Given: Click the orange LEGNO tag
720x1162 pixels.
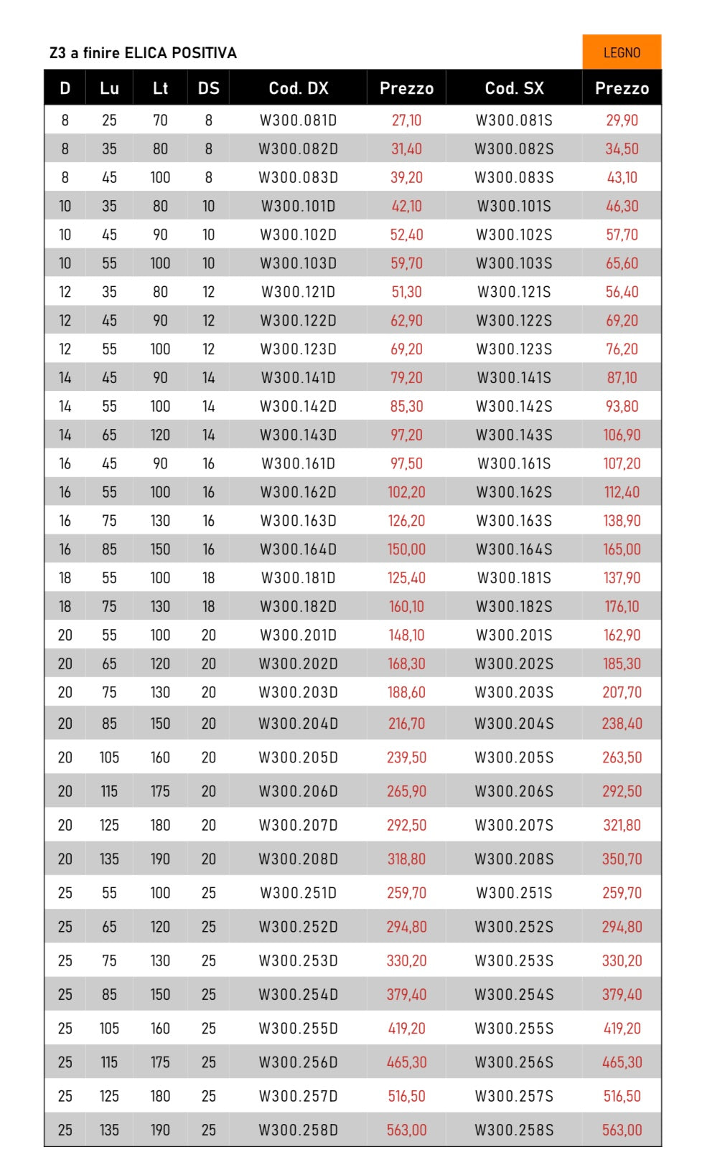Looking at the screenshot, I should pyautogui.click(x=621, y=52).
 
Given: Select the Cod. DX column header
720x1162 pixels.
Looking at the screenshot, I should pyautogui.click(x=298, y=88).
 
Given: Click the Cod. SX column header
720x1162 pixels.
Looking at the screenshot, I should pyautogui.click(x=514, y=88).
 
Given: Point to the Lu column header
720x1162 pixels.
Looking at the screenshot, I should pyautogui.click(x=109, y=88).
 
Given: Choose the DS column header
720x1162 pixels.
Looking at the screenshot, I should pyautogui.click(x=208, y=88).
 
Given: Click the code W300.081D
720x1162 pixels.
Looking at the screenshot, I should pyautogui.click(x=298, y=121).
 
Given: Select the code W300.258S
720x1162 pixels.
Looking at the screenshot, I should pyautogui.click(x=514, y=1130).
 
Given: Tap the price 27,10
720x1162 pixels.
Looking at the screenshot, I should pyautogui.click(x=406, y=121).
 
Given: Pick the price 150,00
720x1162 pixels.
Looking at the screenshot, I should pyautogui.click(x=406, y=549).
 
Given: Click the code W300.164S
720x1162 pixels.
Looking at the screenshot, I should pyautogui.click(x=514, y=549).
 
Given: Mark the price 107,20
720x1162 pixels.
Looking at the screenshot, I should pyautogui.click(x=622, y=463).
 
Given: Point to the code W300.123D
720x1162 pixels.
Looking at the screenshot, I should pyautogui.click(x=298, y=349).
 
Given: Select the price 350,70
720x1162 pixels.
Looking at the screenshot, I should pyautogui.click(x=622, y=859).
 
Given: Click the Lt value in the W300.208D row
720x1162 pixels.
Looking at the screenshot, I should pyautogui.click(x=160, y=859).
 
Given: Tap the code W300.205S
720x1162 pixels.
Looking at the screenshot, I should pyautogui.click(x=514, y=757).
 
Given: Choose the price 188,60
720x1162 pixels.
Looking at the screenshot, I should pyautogui.click(x=406, y=693).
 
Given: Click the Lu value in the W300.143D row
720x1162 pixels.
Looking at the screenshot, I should pyautogui.click(x=109, y=435).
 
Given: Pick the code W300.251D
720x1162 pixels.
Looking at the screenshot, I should pyautogui.click(x=298, y=893).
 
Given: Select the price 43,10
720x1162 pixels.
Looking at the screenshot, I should pyautogui.click(x=622, y=178).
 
